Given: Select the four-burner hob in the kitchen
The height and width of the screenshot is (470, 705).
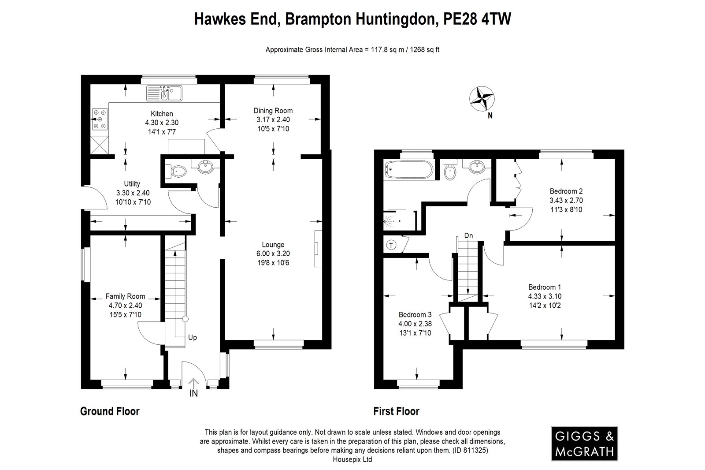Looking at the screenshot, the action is click(100, 119).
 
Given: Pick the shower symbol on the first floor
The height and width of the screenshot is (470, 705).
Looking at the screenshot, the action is click(393, 219).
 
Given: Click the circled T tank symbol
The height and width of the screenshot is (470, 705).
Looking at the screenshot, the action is click(390, 245).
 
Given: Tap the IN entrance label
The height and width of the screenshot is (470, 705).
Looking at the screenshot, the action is click(193, 393).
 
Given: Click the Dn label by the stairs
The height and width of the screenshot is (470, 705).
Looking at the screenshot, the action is click(468, 236).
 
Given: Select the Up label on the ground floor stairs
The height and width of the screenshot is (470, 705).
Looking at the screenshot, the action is click(193, 338).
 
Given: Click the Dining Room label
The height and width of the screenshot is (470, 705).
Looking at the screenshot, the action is click(273, 111).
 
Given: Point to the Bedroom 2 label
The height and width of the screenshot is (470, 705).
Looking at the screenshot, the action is click(566, 191).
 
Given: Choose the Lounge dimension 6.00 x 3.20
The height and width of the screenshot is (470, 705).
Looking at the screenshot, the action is click(273, 254).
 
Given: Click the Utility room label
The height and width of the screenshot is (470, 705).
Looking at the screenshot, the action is click(132, 184).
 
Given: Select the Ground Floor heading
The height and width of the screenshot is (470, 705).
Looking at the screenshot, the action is click(110, 411).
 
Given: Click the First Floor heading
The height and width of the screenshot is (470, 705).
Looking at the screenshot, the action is click(396, 411).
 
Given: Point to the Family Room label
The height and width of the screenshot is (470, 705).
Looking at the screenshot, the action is click(125, 296).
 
